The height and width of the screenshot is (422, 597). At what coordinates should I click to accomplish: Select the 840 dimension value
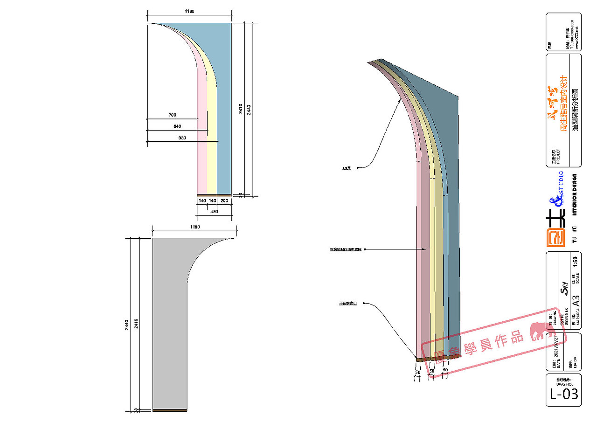(177, 126)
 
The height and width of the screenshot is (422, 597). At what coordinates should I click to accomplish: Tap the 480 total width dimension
(214, 211)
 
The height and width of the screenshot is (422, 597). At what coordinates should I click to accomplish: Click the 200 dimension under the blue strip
(224, 201)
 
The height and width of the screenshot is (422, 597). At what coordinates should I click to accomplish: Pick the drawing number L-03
(563, 394)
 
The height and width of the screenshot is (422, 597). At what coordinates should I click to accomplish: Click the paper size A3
(576, 299)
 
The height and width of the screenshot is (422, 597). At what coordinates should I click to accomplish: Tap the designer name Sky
(563, 285)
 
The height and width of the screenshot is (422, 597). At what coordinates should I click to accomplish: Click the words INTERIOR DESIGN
(575, 194)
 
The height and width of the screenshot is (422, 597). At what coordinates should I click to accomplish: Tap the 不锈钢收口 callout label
(348, 304)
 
